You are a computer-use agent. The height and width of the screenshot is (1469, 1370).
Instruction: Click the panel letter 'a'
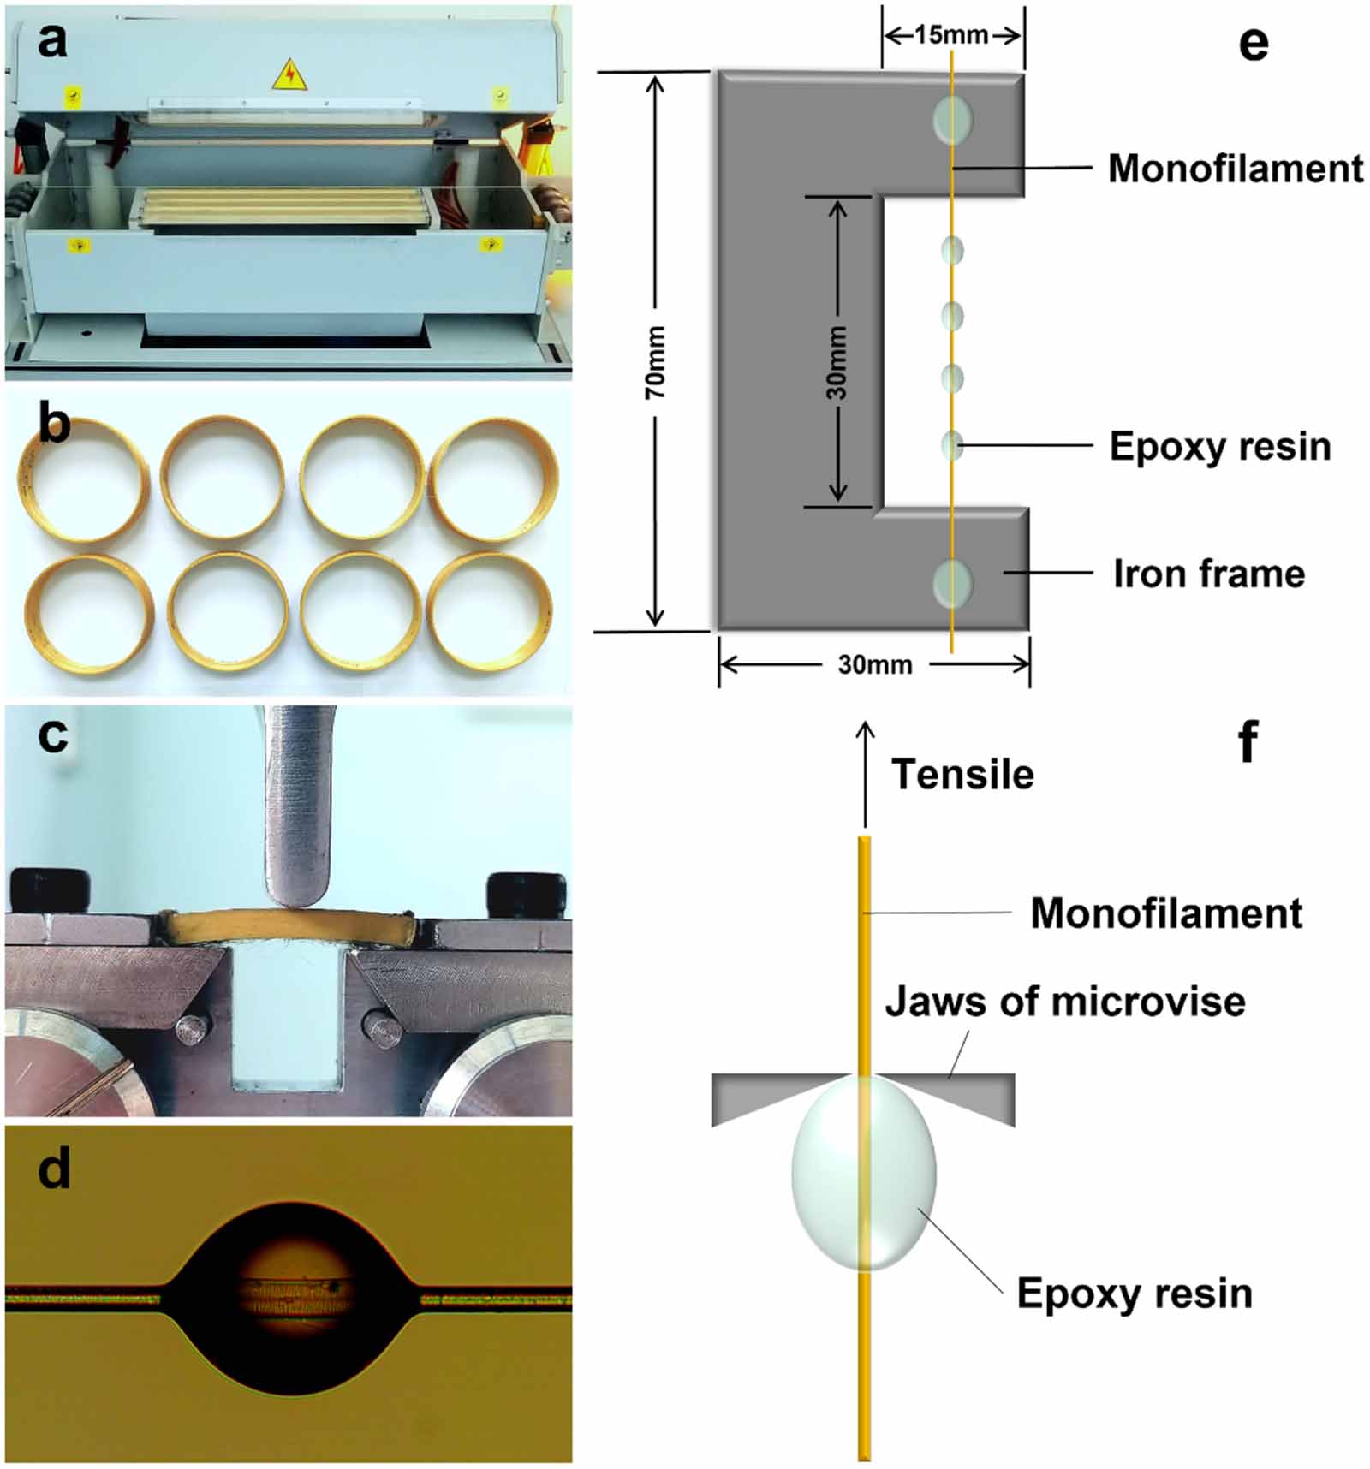[51, 41]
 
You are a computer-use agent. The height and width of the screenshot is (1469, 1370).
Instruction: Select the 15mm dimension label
[950, 35]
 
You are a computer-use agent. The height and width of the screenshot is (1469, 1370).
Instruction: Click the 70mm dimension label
[655, 362]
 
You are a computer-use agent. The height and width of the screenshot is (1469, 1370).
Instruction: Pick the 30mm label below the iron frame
[874, 665]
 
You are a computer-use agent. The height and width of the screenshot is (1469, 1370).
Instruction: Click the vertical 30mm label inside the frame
[837, 362]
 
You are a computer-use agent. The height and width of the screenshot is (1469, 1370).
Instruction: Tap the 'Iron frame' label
[1208, 574]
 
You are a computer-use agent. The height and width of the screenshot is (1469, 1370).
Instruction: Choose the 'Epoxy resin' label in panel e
[1219, 446]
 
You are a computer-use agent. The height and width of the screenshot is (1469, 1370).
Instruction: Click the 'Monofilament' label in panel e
[1235, 169]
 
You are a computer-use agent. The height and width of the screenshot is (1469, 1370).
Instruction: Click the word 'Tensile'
[962, 774]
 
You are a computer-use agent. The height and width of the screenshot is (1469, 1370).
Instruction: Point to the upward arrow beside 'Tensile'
[865, 770]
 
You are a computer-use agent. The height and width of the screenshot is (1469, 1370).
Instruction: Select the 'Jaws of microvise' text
[1064, 1001]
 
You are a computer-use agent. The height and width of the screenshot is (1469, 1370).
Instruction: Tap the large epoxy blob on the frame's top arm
[952, 119]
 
